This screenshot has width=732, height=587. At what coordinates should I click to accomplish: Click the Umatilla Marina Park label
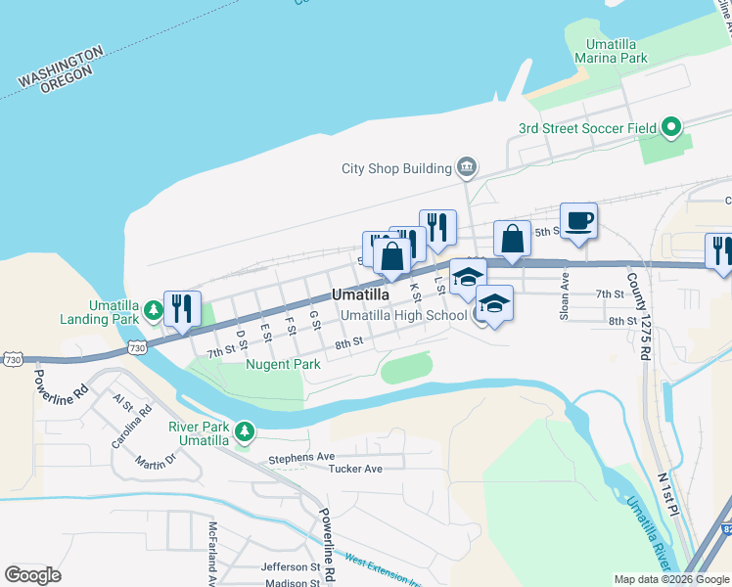(x=617, y=51)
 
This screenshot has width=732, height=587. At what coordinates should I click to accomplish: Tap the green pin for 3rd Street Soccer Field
(x=671, y=127)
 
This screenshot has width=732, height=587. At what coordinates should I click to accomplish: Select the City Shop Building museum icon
(x=467, y=167)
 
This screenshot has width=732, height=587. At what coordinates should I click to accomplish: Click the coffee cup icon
(x=578, y=221)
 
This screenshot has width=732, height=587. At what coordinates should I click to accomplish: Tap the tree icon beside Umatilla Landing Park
(x=154, y=311)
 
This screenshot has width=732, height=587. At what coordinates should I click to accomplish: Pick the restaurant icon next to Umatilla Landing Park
(x=182, y=309)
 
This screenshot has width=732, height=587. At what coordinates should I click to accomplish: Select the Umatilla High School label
(x=404, y=315)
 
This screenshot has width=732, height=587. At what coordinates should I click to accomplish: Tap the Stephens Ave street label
(x=301, y=456)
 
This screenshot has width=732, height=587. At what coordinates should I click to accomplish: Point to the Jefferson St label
(x=291, y=566)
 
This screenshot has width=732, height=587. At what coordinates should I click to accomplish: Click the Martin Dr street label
(x=156, y=461)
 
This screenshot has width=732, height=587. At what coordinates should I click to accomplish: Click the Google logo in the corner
(x=32, y=574)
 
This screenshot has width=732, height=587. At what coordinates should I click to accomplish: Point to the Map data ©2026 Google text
(x=670, y=579)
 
